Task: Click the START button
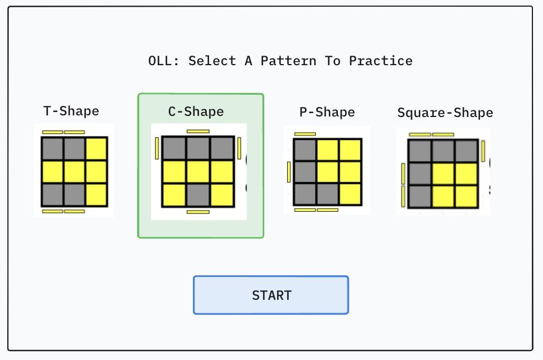coord(271,295)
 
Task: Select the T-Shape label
coord(71,111)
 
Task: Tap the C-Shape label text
coord(196,111)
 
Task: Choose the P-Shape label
coord(327,112)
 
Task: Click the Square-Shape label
coord(445,113)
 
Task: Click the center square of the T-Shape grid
coord(74,172)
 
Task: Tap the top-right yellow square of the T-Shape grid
coord(96,149)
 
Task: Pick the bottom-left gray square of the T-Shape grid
coord(52,194)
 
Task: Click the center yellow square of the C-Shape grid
coord(198,172)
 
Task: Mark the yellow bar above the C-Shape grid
coord(198,132)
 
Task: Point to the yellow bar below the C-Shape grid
coord(198,212)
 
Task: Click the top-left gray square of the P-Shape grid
coord(304,150)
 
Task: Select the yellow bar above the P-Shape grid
coord(305,134)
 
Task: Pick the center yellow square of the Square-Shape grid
coord(443,173)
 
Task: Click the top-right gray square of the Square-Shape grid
coord(466,151)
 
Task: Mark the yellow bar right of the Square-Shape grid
coord(483,151)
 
